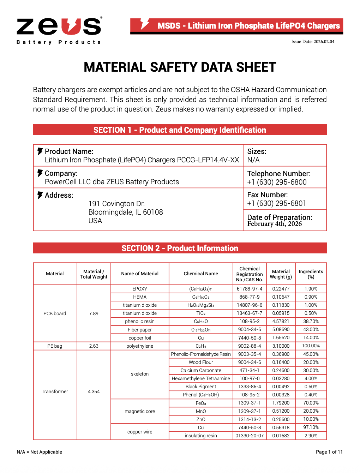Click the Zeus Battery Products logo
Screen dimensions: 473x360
pyautogui.click(x=59, y=31)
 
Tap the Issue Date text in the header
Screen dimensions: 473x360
pyautogui.click(x=313, y=42)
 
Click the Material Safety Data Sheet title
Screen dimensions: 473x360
pyautogui.click(x=180, y=67)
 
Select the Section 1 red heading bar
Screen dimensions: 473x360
pyautogui.click(x=180, y=130)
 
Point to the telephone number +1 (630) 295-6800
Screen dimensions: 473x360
pyautogui.click(x=277, y=182)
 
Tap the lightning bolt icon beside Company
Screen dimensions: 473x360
pyautogui.click(x=40, y=173)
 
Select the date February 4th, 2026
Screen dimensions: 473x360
pyautogui.click(x=274, y=224)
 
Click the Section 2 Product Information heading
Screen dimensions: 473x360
pyautogui.click(x=180, y=248)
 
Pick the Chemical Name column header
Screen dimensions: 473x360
pyautogui.click(x=201, y=274)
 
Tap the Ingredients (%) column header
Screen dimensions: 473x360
pyautogui.click(x=311, y=274)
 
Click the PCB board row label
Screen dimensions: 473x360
pyautogui.click(x=55, y=313)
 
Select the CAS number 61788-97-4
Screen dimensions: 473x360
pyautogui.click(x=250, y=289)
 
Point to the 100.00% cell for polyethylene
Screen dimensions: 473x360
pyautogui.click(x=311, y=346)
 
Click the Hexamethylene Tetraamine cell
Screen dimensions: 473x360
pyautogui.click(x=201, y=378)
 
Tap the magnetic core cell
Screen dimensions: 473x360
pyautogui.click(x=140, y=411)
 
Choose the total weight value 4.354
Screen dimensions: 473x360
pyautogui.click(x=94, y=391)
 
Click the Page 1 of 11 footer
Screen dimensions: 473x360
pyautogui.click(x=329, y=452)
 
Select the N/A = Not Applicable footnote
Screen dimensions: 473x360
pyautogui.click(x=39, y=452)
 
